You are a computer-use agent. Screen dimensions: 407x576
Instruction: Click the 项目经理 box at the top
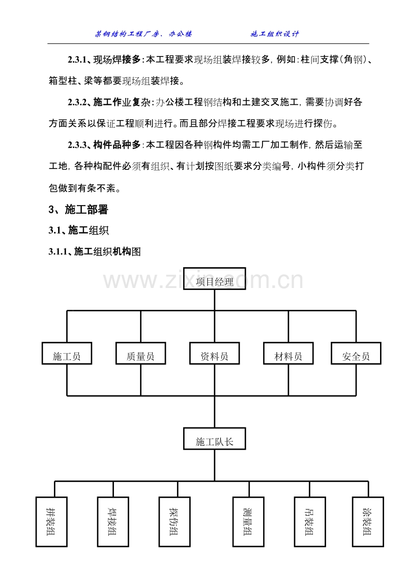[215, 278]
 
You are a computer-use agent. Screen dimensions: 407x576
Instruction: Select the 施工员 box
[67, 354]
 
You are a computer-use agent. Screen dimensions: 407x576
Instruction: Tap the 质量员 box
[141, 354]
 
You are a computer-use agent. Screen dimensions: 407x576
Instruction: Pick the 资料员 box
[215, 354]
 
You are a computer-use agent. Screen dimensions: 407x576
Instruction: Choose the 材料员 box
[288, 354]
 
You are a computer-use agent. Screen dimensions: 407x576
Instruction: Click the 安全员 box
[356, 354]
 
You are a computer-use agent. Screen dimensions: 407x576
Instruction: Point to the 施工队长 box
[215, 439]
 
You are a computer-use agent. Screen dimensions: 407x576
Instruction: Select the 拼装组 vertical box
[51, 522]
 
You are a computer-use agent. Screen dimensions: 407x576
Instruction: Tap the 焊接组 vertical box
[113, 522]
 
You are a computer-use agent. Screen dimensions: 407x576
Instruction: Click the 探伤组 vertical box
[175, 522]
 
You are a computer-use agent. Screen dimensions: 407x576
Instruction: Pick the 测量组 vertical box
[248, 522]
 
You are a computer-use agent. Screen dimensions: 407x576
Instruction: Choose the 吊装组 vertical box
[310, 522]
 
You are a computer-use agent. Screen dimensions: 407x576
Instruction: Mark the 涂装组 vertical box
[368, 522]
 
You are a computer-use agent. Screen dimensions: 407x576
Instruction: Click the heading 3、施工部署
[78, 210]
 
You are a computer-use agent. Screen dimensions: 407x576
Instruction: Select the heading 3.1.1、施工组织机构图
[95, 252]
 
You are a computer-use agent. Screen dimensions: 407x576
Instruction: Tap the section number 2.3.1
[77, 60]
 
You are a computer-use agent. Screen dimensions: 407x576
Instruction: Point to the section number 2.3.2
[77, 102]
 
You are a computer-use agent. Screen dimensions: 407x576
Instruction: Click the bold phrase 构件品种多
[117, 145]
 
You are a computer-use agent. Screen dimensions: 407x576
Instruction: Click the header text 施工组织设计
[275, 34]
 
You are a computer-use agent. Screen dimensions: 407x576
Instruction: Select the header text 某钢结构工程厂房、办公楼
[143, 34]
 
